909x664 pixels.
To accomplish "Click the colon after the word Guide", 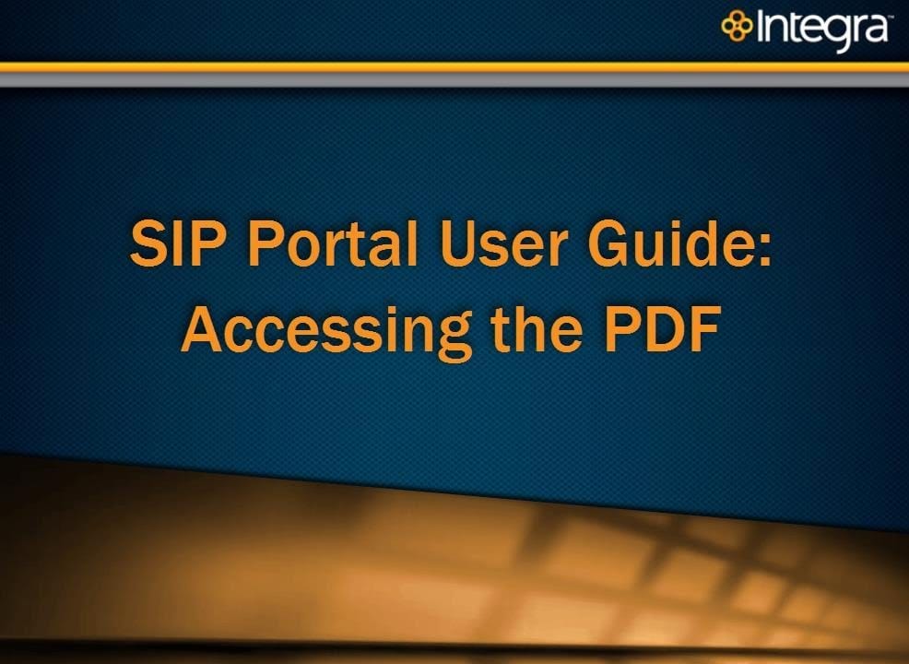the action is click(x=764, y=249).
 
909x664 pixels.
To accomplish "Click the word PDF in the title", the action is click(x=663, y=328).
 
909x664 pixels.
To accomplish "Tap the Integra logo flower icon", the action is click(x=737, y=26).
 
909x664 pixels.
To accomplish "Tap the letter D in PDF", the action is click(x=665, y=328).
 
